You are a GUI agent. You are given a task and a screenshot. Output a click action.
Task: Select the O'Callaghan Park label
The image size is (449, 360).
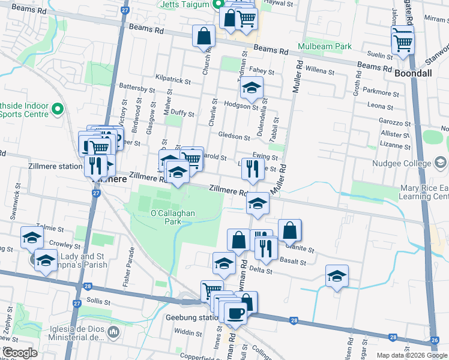166,217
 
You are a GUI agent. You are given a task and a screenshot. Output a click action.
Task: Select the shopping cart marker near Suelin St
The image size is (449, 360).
403,42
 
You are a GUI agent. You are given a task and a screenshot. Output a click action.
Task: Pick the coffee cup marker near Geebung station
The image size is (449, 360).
235,313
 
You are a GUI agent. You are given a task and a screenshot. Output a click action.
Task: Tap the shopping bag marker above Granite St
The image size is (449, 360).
289,230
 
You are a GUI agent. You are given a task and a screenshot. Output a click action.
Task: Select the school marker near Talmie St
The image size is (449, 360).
32,237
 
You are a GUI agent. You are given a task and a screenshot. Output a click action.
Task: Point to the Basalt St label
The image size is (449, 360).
294,262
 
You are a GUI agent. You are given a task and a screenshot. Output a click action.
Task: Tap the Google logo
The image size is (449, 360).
19,353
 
